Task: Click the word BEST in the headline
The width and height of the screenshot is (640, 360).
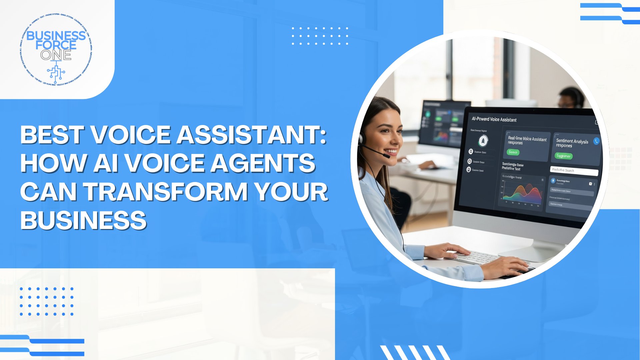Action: pos(52,135)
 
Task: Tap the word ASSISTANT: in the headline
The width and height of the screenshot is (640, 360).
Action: pos(252,135)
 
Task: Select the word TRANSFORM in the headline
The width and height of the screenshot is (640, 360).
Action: pos(165,192)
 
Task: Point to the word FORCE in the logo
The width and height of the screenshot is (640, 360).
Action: pos(56,45)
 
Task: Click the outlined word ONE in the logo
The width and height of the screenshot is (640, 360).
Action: pos(56,55)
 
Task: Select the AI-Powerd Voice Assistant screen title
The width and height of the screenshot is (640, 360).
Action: pos(494,119)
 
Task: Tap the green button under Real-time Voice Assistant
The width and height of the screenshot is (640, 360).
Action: pos(513,152)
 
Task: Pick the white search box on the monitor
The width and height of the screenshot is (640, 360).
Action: pos(574,171)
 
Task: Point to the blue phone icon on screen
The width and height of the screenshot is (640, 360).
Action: pos(596,141)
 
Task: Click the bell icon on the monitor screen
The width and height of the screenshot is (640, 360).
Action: pos(483,141)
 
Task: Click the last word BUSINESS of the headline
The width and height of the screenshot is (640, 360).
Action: pos(83,220)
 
